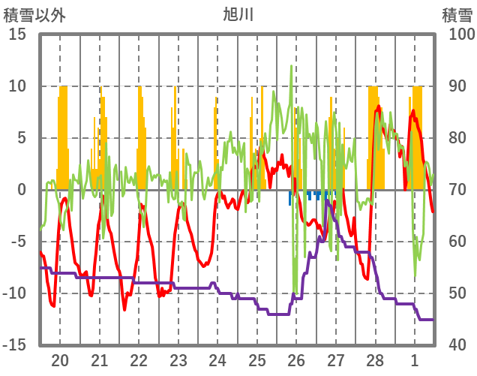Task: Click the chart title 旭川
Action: [238, 14]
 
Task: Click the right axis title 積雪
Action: [456, 14]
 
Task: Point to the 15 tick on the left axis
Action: [18, 35]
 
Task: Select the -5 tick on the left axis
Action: [18, 242]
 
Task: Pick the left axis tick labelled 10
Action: [18, 86]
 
